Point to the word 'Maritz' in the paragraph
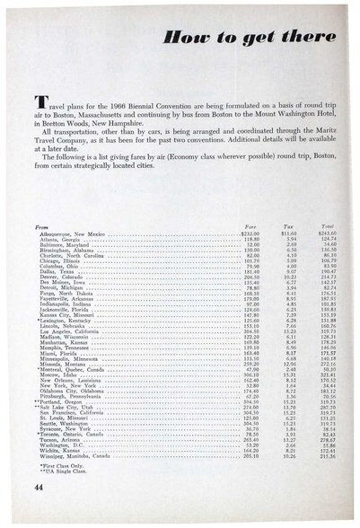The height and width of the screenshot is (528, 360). [x=328, y=154]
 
